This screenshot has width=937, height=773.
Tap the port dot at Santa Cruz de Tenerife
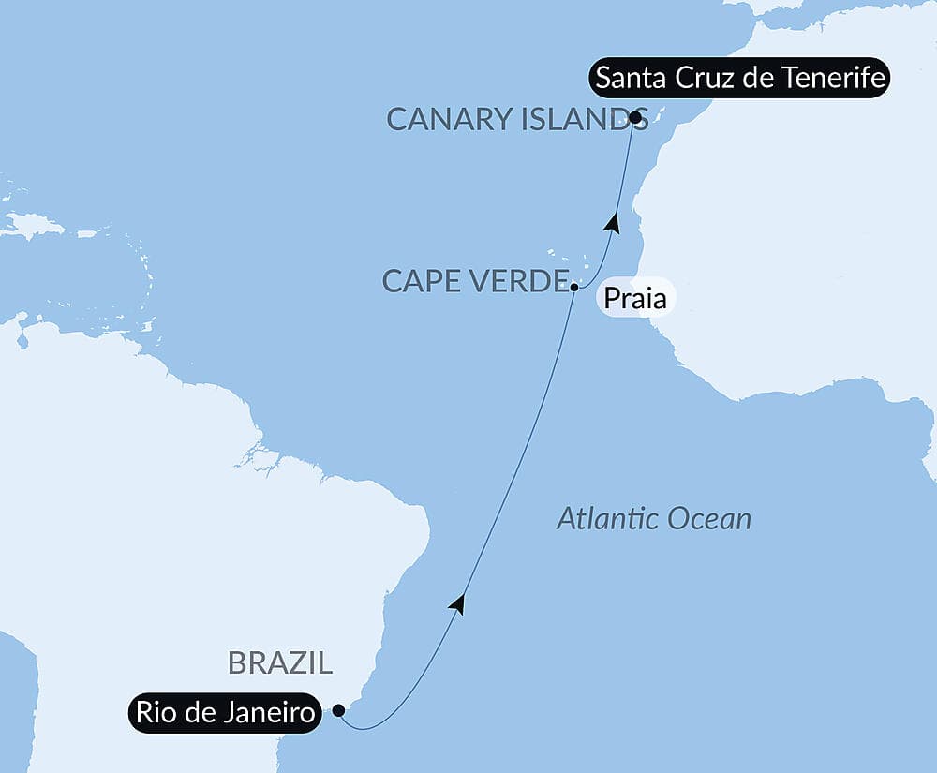[635, 118]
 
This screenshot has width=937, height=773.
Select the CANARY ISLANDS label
[506, 119]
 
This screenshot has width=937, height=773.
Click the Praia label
[635, 300]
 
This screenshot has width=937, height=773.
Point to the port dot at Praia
[573, 287]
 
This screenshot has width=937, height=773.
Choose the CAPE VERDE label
[477, 280]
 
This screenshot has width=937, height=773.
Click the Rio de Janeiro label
[225, 713]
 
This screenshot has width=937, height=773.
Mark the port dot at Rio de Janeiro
[338, 710]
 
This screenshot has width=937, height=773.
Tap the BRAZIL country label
[280, 663]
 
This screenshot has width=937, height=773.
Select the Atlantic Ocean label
[654, 518]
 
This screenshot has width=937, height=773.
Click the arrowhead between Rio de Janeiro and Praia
[457, 604]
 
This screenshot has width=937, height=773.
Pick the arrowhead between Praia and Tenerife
[613, 223]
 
